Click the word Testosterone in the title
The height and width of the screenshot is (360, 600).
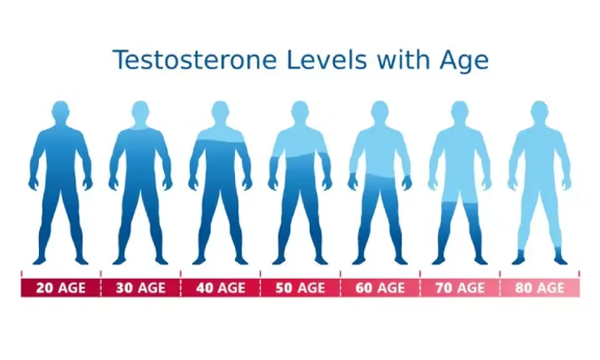[195, 60]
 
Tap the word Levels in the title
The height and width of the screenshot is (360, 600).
[327, 60]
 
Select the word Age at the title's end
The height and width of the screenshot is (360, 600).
[464, 62]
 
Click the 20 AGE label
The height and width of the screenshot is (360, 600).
[61, 288]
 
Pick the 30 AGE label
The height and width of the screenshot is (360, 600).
[141, 288]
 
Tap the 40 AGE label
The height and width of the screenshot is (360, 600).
[221, 288]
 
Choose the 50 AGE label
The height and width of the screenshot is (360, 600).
[300, 288]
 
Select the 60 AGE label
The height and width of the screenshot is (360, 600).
[380, 288]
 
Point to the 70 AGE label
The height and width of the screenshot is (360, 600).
[460, 288]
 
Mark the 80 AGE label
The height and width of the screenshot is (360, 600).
[540, 288]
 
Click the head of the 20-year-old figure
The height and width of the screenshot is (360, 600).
[61, 112]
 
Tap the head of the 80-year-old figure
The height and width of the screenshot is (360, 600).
[539, 112]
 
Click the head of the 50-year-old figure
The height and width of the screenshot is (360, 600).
[300, 112]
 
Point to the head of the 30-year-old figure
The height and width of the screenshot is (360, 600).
[140, 112]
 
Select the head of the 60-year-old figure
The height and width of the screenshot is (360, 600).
[380, 112]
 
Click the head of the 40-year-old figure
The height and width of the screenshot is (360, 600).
[221, 112]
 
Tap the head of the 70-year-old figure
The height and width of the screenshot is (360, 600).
[460, 112]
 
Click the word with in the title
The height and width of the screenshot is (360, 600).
[403, 60]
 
